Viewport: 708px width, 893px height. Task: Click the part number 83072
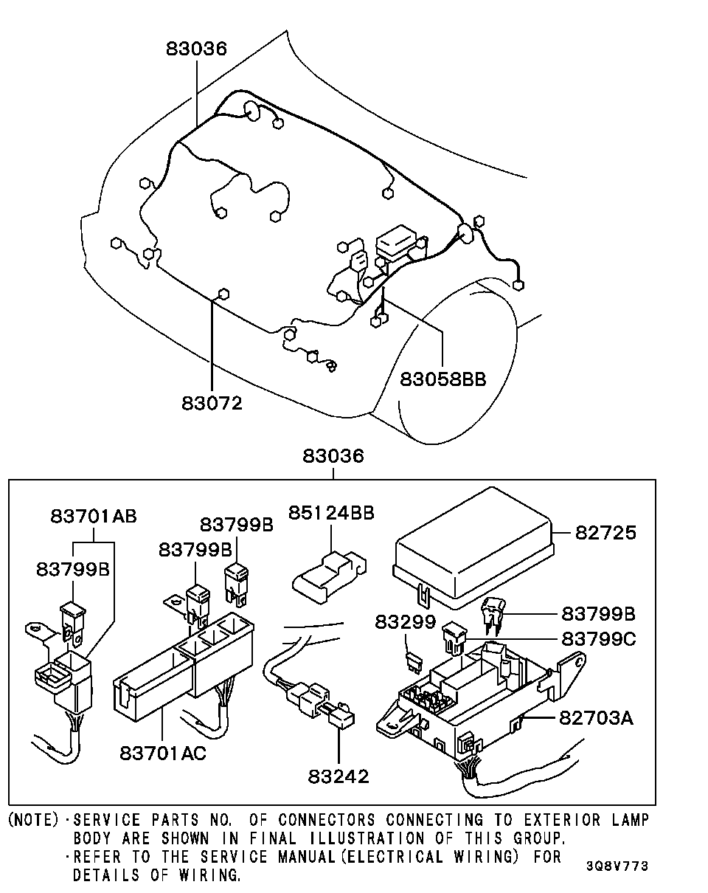[212, 403]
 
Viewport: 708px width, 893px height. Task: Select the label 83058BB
[443, 379]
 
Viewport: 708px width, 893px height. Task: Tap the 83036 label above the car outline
[196, 49]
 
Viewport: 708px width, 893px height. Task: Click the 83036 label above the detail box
[333, 456]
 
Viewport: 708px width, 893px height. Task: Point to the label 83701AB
[94, 516]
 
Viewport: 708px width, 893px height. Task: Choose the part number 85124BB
[331, 512]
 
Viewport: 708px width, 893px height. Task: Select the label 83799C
[598, 638]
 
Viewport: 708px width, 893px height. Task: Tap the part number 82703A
[596, 717]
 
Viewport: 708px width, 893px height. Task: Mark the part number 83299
[405, 621]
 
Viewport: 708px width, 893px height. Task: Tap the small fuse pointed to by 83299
[414, 662]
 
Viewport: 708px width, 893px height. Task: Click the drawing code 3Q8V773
[618, 866]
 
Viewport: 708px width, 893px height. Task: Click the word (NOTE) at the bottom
[32, 820]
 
